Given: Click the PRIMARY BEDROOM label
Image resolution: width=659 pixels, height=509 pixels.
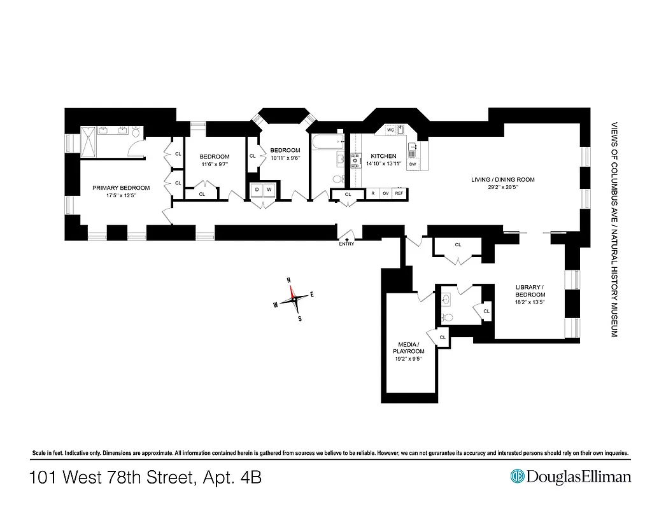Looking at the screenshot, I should (121, 188).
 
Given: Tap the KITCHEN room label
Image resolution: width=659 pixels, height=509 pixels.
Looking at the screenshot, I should (383, 156).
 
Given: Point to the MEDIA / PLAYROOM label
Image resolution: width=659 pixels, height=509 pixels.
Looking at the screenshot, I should (408, 347).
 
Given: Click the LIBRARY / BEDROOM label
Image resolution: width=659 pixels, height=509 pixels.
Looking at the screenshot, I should (530, 291).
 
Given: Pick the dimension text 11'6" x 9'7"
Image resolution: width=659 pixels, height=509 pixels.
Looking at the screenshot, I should (214, 164).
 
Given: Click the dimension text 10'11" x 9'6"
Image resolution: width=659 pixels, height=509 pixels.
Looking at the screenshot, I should (285, 158).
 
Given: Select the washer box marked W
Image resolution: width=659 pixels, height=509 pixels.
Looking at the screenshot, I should (269, 190).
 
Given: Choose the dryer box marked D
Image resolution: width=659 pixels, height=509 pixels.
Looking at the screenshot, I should (257, 190).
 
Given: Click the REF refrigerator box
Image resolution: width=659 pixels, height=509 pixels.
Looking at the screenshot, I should (399, 193).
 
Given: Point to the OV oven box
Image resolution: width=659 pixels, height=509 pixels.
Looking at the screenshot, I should (385, 193).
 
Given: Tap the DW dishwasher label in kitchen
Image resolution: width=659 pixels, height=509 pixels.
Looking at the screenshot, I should (413, 165).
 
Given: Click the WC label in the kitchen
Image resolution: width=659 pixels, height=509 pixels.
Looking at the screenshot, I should (390, 130).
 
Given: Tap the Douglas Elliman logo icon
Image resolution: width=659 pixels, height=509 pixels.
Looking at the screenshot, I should (517, 477).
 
